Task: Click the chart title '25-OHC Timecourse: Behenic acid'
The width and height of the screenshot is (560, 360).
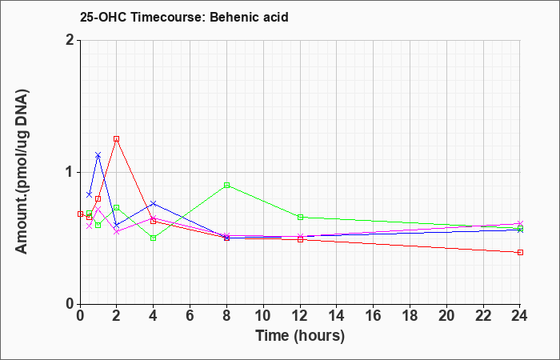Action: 184,17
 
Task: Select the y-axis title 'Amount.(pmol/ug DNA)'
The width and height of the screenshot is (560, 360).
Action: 22,171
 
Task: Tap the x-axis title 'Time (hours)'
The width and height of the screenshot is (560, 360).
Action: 300,336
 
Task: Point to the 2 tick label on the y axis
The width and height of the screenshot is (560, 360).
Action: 71,40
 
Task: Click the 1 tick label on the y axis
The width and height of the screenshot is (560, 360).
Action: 71,173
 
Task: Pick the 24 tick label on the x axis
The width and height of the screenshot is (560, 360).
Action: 520,316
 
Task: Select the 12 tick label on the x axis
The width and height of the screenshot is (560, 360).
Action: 300,316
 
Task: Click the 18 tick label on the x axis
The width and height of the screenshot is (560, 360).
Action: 410,316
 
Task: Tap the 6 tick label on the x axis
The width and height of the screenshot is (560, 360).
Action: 190,316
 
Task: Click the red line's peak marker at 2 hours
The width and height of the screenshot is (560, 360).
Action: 117,139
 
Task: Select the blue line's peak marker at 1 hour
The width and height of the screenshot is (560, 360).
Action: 98,155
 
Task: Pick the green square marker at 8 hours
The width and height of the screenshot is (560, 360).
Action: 226,185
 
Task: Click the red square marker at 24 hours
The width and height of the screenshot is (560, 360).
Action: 520,253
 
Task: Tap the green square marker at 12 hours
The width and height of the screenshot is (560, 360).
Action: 300,217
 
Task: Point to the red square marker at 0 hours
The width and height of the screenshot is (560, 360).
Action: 80,214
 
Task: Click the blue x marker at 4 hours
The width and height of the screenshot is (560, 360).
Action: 154,203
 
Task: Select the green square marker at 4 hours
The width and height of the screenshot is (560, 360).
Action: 154,238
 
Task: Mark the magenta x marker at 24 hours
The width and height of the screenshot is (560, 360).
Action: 520,223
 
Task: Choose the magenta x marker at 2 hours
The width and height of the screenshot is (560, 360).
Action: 117,231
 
